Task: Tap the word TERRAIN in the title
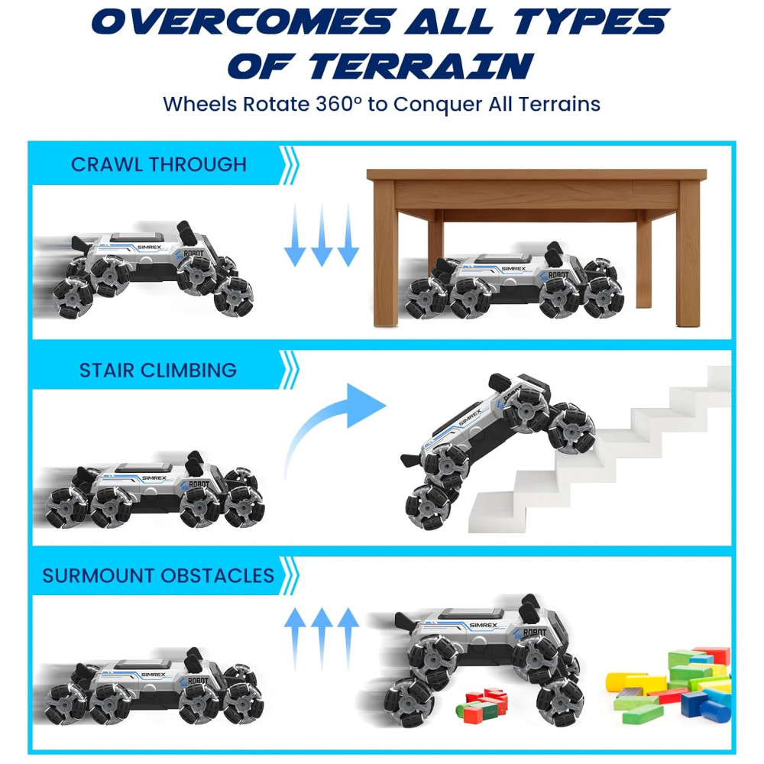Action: [422, 66]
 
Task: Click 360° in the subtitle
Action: [338, 104]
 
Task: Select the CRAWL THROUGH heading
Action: [159, 165]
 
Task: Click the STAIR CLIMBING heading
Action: [158, 371]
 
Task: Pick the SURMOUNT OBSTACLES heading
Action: [158, 576]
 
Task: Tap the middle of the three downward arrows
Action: [322, 235]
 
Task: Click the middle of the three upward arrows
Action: [322, 639]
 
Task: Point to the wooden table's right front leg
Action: [688, 254]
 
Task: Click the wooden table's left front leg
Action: [385, 254]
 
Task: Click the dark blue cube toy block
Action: [693, 704]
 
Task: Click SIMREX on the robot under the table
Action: [513, 269]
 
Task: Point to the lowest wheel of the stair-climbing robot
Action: [427, 507]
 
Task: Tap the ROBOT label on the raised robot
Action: [535, 633]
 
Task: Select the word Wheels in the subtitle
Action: [200, 104]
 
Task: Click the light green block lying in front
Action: [643, 714]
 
